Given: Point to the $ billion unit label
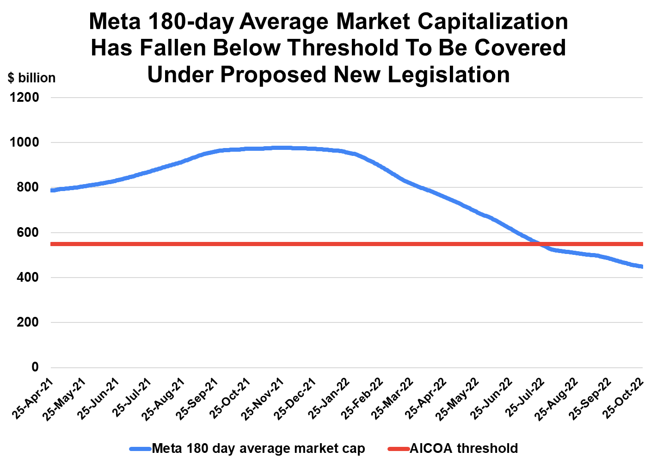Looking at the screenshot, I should pos(31,78).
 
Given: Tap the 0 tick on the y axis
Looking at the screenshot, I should pos(35,367).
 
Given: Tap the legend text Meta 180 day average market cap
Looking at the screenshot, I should pos(258,449).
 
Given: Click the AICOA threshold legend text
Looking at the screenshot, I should pos(464,449).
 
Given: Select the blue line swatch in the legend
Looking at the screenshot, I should pos(140,449).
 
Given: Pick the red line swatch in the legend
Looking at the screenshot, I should pos(398,449).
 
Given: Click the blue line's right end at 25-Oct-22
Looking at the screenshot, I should pos(642,266).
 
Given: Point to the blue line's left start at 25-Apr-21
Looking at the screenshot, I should pos(52,190).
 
